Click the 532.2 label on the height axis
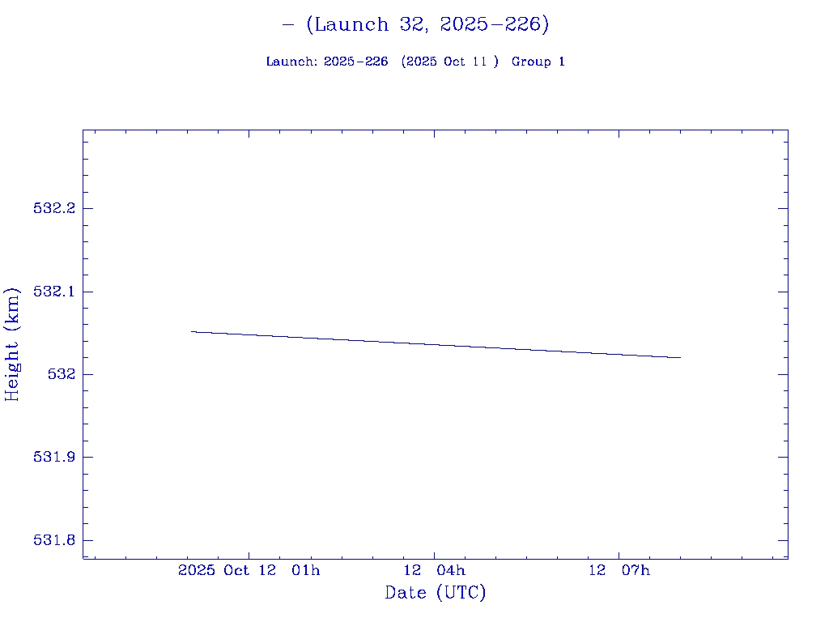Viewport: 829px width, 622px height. (x=53, y=208)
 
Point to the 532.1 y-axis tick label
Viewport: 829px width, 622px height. (x=53, y=292)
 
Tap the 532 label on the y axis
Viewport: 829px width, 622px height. (x=62, y=374)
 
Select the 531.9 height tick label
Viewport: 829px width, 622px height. (x=53, y=458)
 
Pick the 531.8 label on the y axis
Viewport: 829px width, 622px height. (x=53, y=540)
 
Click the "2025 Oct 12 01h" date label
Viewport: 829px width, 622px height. (x=249, y=571)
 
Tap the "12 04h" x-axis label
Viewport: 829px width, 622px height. (x=435, y=571)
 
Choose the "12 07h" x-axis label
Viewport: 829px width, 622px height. (x=619, y=571)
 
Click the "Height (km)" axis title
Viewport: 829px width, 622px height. (x=12, y=344)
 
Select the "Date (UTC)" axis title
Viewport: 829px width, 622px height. (x=436, y=593)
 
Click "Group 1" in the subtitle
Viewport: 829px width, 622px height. (x=538, y=62)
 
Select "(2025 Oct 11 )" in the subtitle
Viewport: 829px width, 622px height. (x=450, y=62)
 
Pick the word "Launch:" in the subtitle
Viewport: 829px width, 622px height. (x=291, y=62)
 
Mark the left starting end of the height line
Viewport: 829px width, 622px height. (x=191, y=331)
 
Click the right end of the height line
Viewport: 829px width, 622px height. (x=680, y=357)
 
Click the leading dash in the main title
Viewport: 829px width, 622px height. (x=288, y=25)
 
